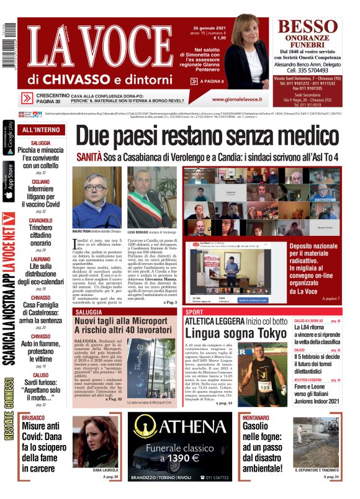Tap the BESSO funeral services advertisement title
pos(308,27)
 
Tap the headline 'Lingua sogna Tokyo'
pos(237,333)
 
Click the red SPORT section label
pos(195,312)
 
